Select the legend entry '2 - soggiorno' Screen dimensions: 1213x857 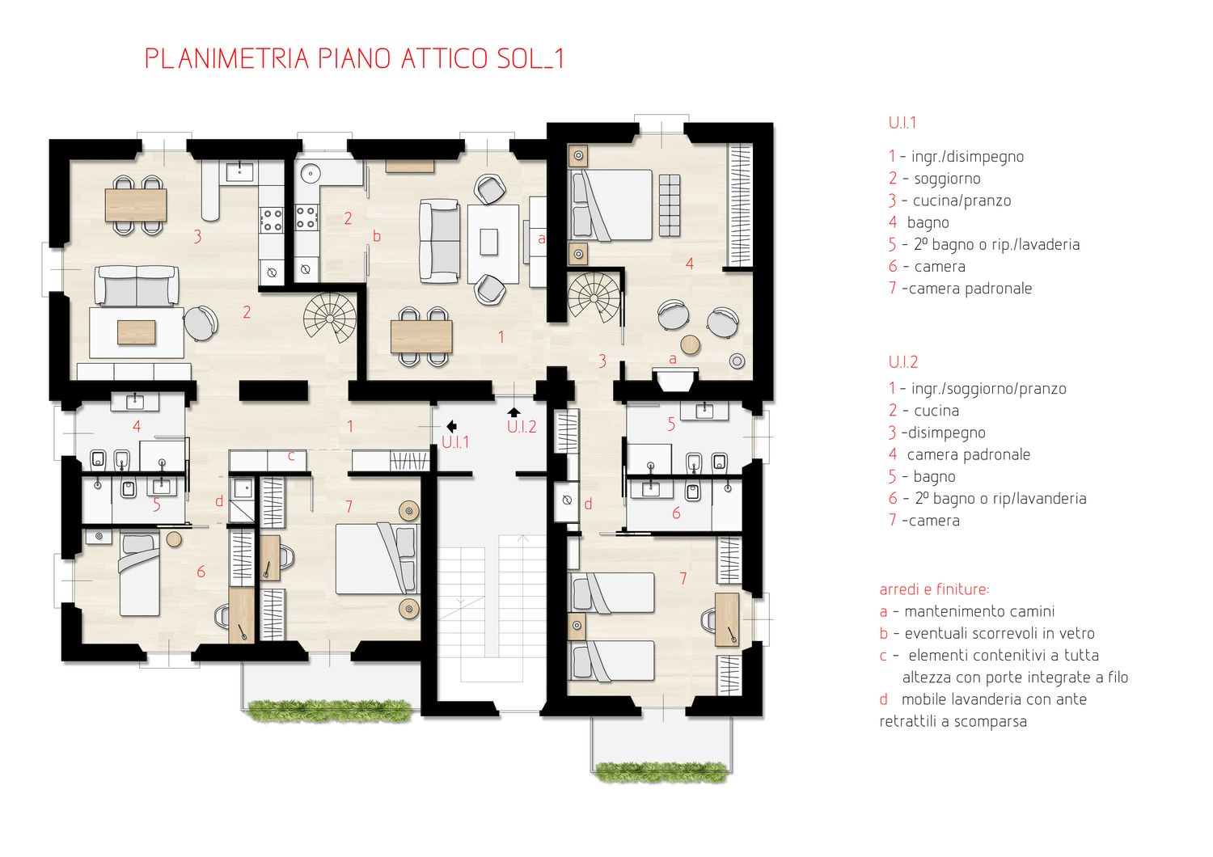[x=934, y=178]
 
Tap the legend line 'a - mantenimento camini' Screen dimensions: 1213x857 [x=966, y=611]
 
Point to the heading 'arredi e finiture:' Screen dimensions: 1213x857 [x=934, y=589]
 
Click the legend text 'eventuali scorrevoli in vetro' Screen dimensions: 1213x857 [x=1000, y=633]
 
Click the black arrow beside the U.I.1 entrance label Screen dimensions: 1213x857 [x=451, y=426]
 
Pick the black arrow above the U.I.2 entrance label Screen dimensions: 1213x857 [x=514, y=412]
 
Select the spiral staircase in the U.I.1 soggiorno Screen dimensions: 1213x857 [x=330, y=317]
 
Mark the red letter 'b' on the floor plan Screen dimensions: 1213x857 [x=377, y=236]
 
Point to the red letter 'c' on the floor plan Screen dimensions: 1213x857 [x=291, y=456]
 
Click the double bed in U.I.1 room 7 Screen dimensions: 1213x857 [x=378, y=559]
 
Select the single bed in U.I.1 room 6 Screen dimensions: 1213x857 [x=139, y=574]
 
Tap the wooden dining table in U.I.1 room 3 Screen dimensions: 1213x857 [x=135, y=205]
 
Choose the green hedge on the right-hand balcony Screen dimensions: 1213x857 [x=661, y=773]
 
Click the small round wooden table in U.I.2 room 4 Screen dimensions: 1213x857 [x=691, y=344]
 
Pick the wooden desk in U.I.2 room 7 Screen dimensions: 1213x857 [x=727, y=620]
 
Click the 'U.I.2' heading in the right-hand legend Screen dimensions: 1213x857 [x=902, y=361]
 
